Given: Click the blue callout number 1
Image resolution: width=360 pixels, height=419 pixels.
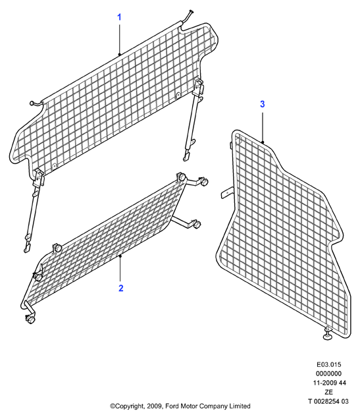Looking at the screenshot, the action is [x=119, y=17].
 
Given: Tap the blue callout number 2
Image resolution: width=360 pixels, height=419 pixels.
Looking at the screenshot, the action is [x=121, y=289].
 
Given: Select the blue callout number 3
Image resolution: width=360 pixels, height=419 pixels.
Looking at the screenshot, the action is [x=263, y=104].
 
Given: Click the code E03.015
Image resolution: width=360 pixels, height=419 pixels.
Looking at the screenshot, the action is [x=329, y=364].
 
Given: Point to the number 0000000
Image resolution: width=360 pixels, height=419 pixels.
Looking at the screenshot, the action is [x=329, y=374].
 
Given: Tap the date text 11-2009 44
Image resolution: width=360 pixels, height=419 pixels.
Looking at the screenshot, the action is [x=329, y=383].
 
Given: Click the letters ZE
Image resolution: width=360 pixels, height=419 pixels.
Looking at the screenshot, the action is [x=329, y=392].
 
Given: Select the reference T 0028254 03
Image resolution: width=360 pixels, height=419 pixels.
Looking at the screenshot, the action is [x=328, y=401].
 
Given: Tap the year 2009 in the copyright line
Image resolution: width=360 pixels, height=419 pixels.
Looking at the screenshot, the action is [x=155, y=406].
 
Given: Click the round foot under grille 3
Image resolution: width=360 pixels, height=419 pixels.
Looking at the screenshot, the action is [x=328, y=335].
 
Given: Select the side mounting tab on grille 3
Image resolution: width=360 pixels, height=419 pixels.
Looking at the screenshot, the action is [x=227, y=192].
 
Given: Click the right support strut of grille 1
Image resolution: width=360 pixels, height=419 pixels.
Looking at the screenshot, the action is [x=193, y=120].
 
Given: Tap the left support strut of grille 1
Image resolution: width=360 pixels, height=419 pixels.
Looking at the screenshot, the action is [x=34, y=211].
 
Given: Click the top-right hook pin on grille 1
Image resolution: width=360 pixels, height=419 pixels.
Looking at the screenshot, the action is [x=188, y=16].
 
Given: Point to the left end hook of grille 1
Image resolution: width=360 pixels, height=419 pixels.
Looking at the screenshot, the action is [x=37, y=103].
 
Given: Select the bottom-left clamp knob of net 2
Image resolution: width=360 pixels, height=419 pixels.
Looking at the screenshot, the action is [x=30, y=319].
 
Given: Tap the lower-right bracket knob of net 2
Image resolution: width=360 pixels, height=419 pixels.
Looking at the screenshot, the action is [x=197, y=224].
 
